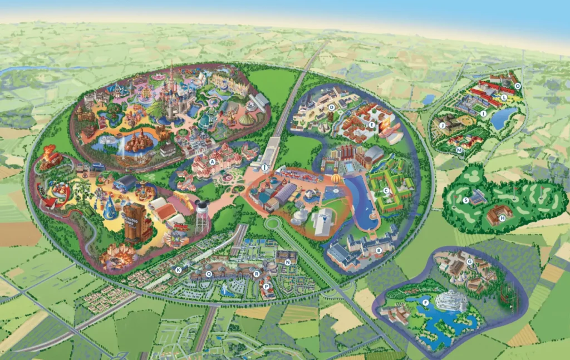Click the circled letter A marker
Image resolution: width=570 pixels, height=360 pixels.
pos(212,162)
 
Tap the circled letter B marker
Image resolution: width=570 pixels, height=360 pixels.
pos(379,250)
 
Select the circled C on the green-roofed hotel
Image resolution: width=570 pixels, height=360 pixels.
pos(385,190)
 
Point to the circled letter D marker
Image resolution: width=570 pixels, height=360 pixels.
pos(332,107)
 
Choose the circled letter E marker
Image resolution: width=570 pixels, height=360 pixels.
pos(372,125)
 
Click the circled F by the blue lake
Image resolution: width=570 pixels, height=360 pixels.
pos(426,302)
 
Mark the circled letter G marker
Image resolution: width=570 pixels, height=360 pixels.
pos(470,262)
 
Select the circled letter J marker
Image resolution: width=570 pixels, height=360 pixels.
pos(442,126)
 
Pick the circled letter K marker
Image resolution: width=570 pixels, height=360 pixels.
pos(178,270)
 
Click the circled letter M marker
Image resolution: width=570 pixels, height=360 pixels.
pos(459,150)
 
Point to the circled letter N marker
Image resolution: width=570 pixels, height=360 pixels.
pos(288,262)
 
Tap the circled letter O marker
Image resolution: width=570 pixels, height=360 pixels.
pos(517,86)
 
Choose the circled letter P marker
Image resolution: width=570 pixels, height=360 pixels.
pos(266,286)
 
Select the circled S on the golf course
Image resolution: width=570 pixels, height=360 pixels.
pos(466,200)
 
